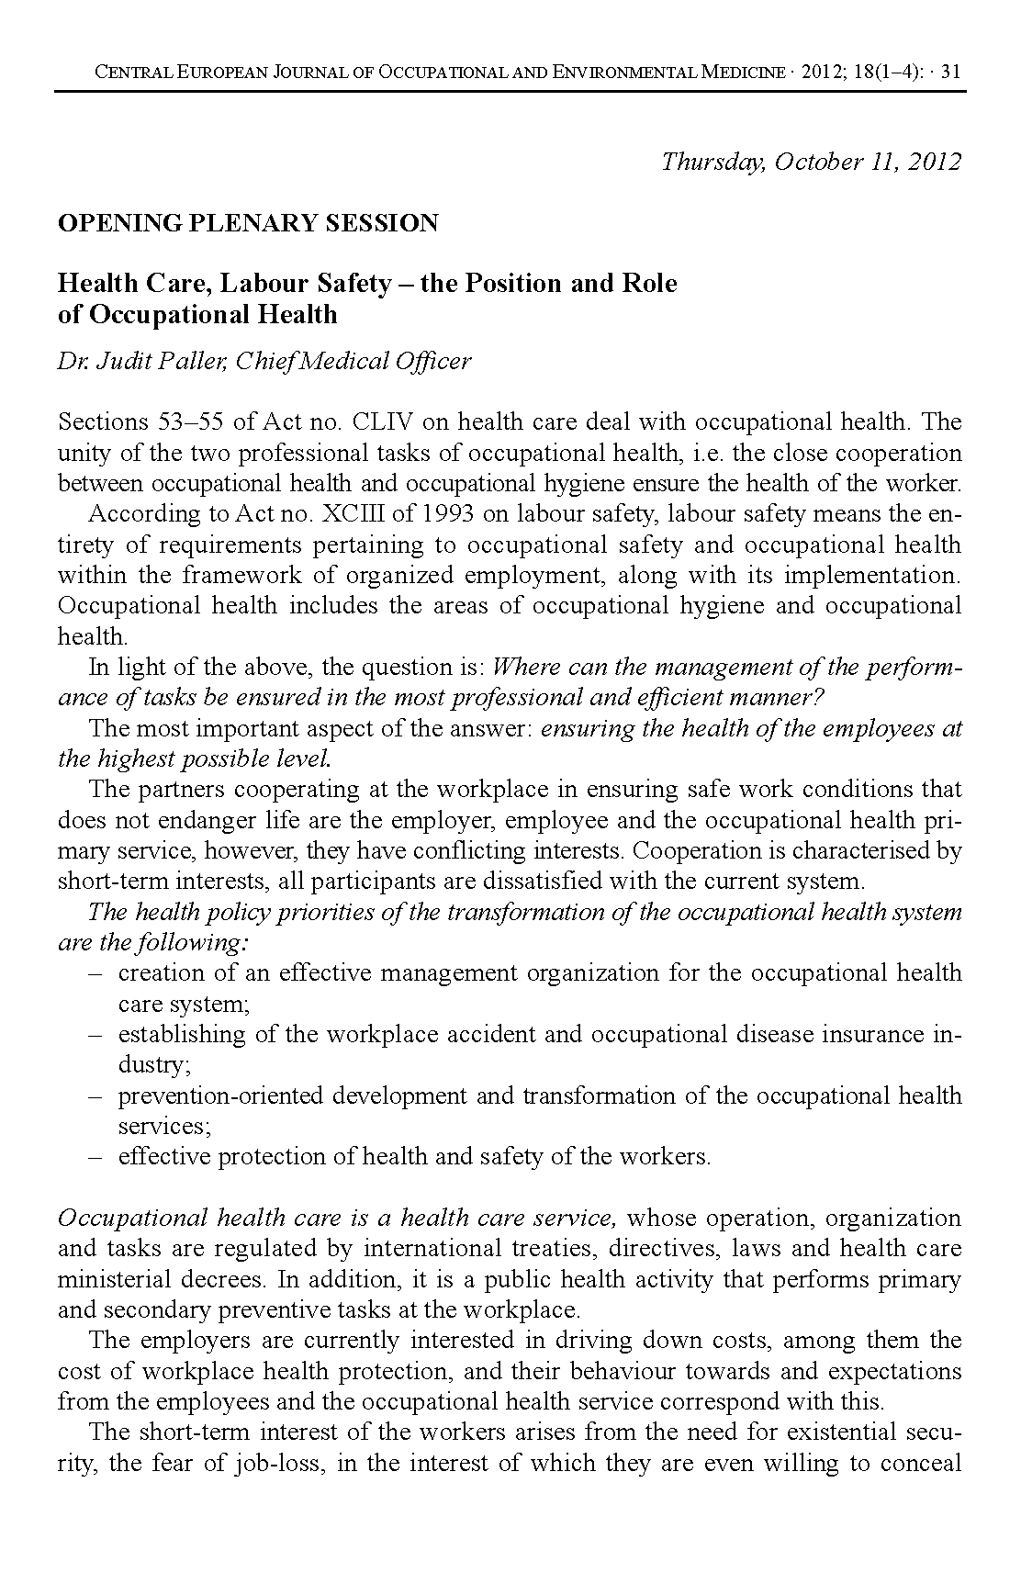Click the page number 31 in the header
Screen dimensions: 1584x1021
click(x=951, y=72)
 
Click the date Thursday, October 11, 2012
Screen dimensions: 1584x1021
click(x=811, y=163)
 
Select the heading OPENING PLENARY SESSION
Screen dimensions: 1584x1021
click(x=248, y=223)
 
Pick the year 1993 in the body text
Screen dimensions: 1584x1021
click(x=428, y=514)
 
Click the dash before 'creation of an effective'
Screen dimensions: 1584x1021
click(x=94, y=973)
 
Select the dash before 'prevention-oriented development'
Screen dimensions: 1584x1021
click(x=94, y=1096)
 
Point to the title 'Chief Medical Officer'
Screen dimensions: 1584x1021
click(x=353, y=362)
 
